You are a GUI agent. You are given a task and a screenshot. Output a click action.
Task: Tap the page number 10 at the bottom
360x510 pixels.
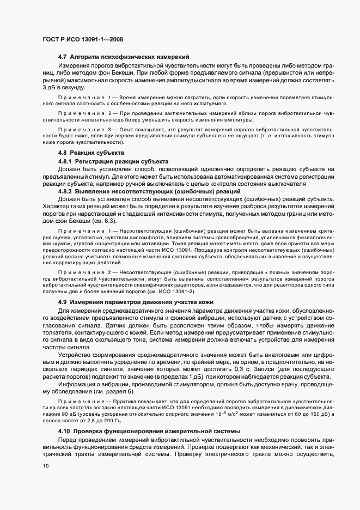45,466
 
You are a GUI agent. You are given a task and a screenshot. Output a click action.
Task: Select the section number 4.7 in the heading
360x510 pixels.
62,57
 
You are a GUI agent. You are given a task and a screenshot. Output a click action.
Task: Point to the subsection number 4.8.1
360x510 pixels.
65,162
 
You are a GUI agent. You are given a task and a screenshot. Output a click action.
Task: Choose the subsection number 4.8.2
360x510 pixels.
65,192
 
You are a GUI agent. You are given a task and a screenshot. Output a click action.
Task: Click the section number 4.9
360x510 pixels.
62,301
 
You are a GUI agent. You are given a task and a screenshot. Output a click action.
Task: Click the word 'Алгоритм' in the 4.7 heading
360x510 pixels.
85,57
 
